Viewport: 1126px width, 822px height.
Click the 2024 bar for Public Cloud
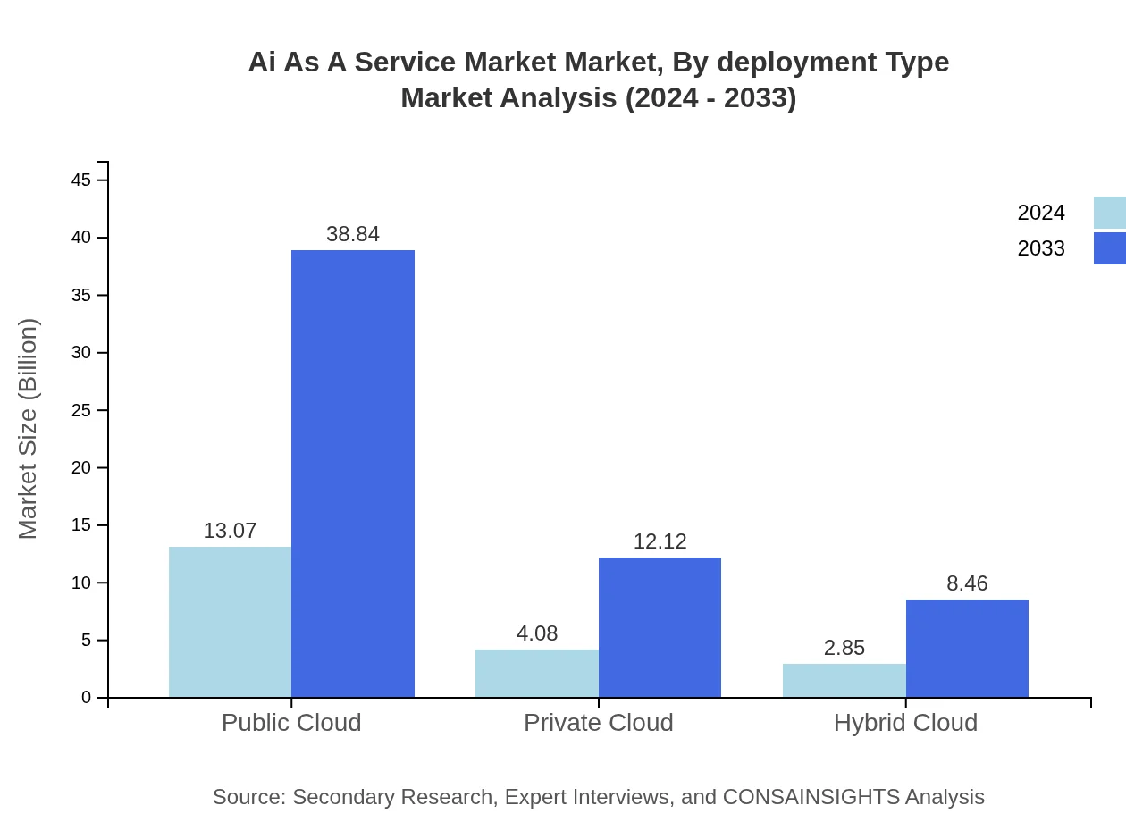click(230, 622)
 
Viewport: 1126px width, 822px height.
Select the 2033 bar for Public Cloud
click(353, 474)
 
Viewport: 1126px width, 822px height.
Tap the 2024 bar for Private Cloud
click(537, 673)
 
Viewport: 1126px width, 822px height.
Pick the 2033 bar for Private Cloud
click(660, 627)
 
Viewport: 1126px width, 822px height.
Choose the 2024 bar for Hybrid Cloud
click(844, 680)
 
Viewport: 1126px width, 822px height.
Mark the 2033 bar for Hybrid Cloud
click(967, 648)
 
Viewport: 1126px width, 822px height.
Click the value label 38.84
click(353, 234)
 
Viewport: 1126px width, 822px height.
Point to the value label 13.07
click(230, 531)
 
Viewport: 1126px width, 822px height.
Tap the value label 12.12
click(660, 541)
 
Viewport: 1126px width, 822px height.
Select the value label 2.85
click(844, 648)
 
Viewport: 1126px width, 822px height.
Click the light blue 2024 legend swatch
click(1109, 213)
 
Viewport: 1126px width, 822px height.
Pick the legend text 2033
click(1041, 248)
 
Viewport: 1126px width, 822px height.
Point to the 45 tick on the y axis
click(81, 180)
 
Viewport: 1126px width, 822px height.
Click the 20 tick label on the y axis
click(81, 468)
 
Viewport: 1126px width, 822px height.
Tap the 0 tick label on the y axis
click(87, 698)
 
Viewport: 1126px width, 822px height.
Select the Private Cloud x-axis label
click(598, 722)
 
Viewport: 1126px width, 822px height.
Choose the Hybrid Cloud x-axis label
click(905, 722)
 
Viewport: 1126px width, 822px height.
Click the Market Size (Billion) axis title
click(28, 429)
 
